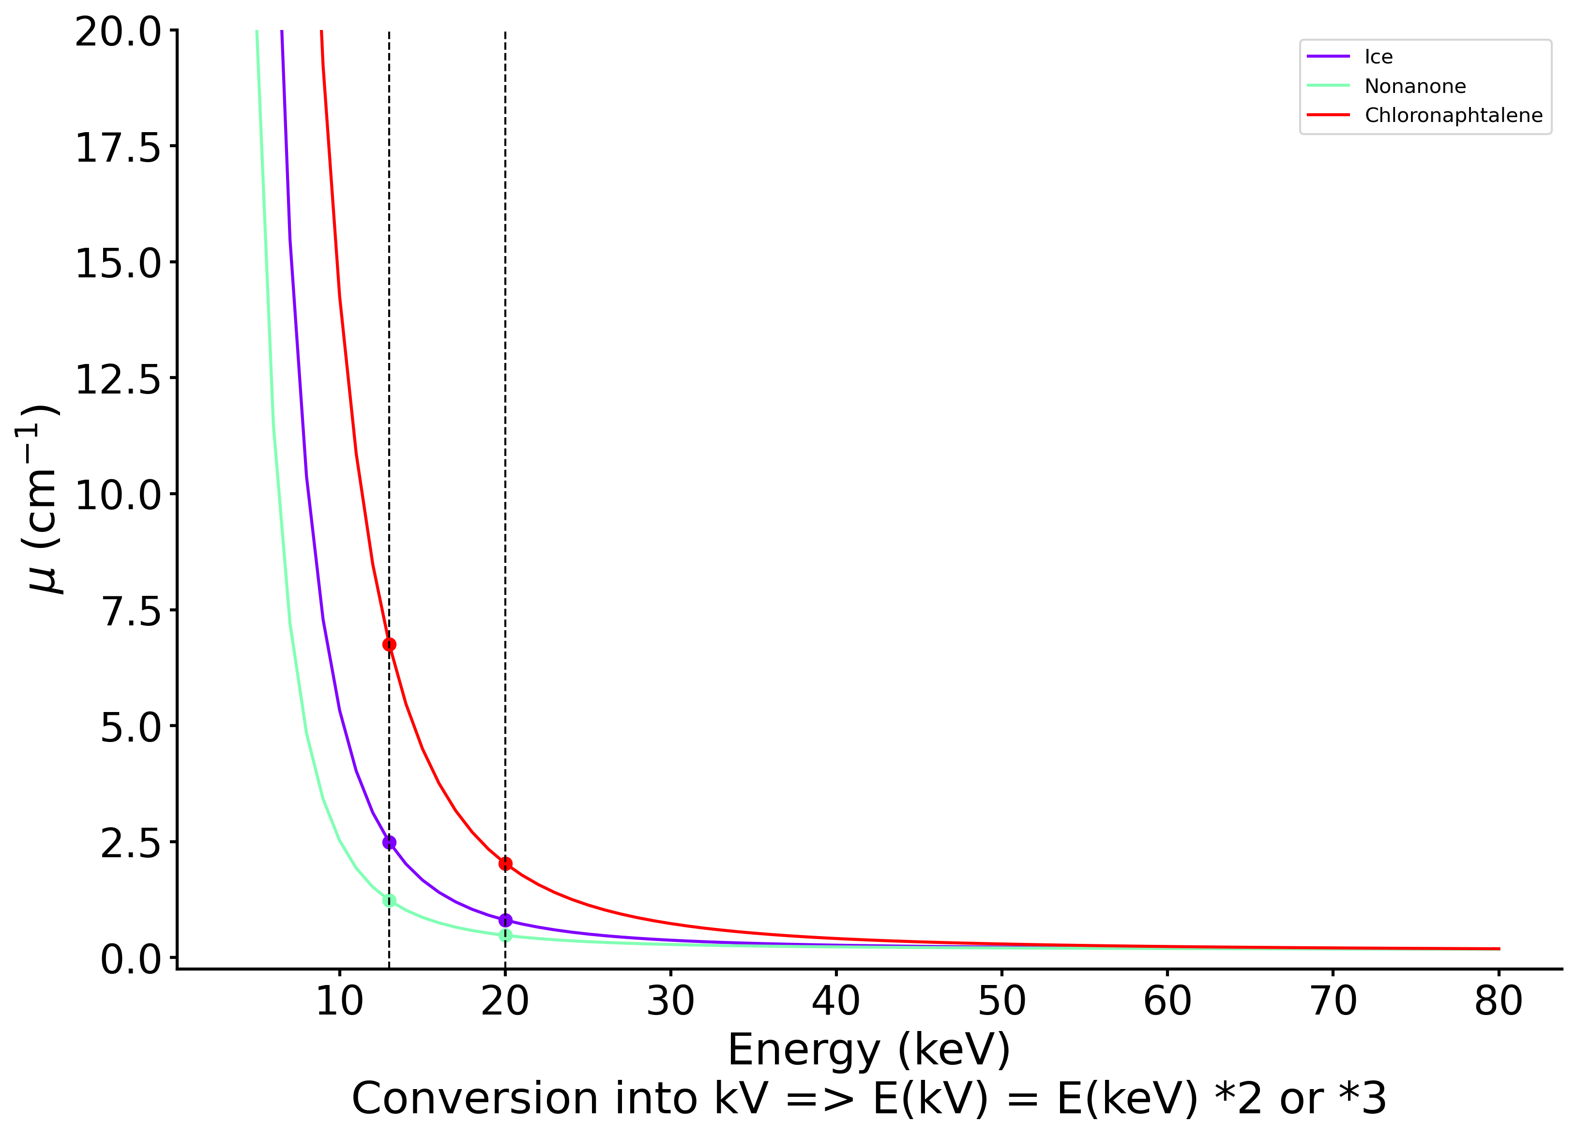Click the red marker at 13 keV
click(389, 644)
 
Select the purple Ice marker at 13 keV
click(389, 842)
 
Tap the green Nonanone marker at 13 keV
click(389, 901)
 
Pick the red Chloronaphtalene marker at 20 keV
click(505, 864)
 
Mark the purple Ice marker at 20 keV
click(505, 920)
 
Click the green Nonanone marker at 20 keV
click(505, 936)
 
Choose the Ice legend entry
click(1378, 57)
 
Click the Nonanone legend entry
click(1415, 86)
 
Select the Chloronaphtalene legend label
click(1453, 115)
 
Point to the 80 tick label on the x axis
click(1498, 1002)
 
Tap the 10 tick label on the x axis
click(339, 1002)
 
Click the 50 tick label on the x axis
click(1001, 1002)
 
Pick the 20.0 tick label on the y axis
click(118, 32)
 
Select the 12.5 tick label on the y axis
click(118, 379)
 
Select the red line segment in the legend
click(1328, 115)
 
